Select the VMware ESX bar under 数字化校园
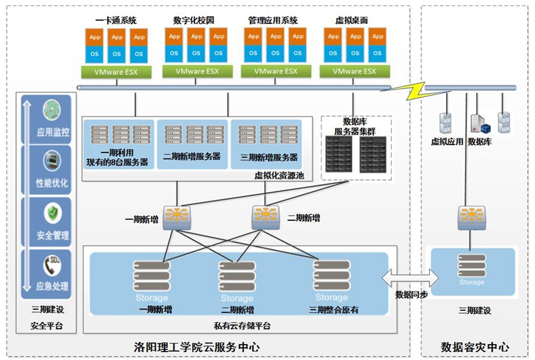point(197,71)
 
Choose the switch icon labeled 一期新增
point(177,215)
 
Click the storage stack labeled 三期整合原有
point(331,277)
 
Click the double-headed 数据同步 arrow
point(407,276)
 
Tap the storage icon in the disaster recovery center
point(471,267)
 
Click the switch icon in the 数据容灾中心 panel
point(471,215)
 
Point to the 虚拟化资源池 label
point(278,175)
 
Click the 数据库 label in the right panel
point(480,141)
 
